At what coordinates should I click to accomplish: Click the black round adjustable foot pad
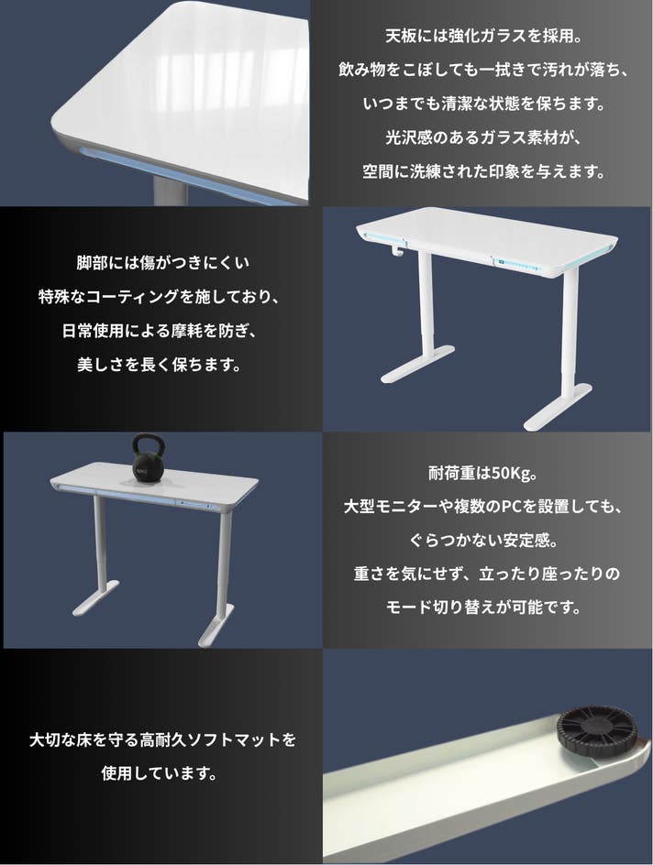point(597,730)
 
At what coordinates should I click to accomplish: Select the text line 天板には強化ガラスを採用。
point(483,37)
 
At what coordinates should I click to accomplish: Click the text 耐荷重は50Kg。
point(483,474)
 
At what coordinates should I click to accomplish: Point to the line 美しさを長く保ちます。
point(159,364)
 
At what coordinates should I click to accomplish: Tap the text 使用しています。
point(160,772)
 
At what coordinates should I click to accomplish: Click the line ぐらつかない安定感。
point(483,540)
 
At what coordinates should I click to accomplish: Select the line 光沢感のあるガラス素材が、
point(483,137)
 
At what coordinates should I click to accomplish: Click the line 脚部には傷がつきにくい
point(162,263)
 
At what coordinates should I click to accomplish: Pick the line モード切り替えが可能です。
point(483,608)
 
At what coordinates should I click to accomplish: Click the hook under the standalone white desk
point(396,250)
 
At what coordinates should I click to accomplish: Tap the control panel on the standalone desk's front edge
point(516,264)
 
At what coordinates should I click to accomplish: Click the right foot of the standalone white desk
point(558,408)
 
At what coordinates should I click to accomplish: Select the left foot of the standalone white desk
point(418,365)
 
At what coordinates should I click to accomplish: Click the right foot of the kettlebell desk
point(216,625)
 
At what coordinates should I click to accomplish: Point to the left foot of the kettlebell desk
point(95,598)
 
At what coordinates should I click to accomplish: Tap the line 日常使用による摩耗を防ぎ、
point(159,331)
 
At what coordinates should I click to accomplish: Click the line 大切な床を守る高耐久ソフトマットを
point(162,739)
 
